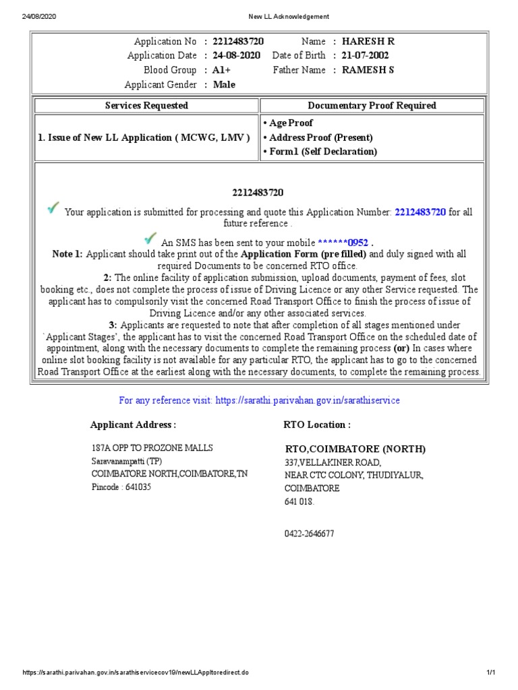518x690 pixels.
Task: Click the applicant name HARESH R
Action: pyautogui.click(x=368, y=41)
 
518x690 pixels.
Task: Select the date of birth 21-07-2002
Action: pyautogui.click(x=366, y=55)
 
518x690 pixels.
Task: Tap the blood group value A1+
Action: pyautogui.click(x=223, y=70)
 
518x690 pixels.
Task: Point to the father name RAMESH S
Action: pyautogui.click(x=368, y=70)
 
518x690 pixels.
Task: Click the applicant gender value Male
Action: pyautogui.click(x=225, y=84)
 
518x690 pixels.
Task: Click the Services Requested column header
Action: pyautogui.click(x=146, y=106)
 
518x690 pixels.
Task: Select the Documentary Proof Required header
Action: pyautogui.click(x=372, y=106)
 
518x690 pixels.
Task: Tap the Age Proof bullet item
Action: pyautogui.click(x=291, y=123)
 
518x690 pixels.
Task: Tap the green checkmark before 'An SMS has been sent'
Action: pyautogui.click(x=150, y=239)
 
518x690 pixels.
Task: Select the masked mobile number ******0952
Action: pyautogui.click(x=343, y=243)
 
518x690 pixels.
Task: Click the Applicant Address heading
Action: pyautogui.click(x=133, y=425)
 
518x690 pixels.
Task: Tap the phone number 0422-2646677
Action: pyautogui.click(x=309, y=534)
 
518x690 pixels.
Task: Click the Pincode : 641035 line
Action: pyautogui.click(x=121, y=487)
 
